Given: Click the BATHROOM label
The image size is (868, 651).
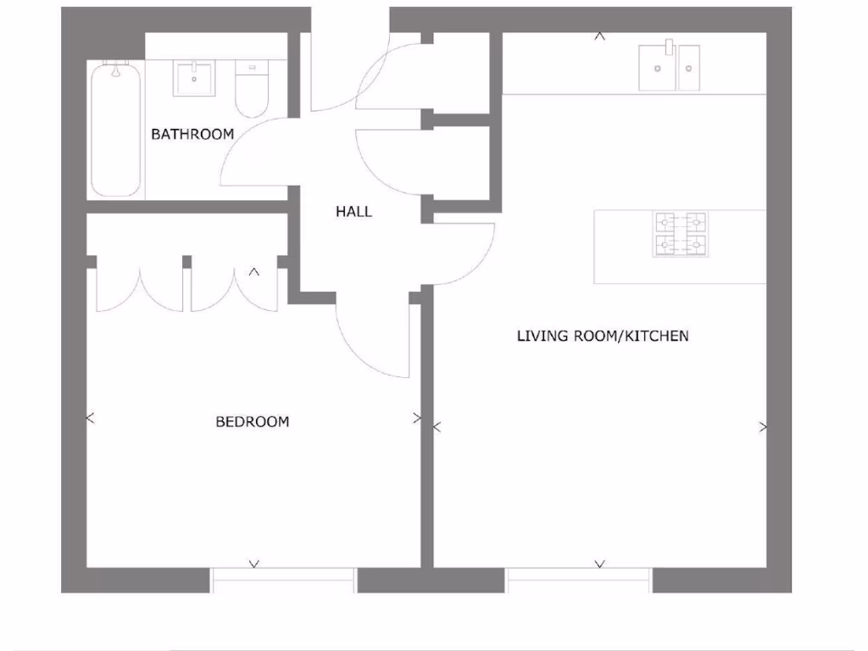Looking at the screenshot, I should (192, 134).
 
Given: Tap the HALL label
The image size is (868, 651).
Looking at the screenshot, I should (353, 212).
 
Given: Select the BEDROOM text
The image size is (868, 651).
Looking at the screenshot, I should (252, 421).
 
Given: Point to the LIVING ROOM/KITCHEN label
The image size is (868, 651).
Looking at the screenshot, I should (603, 337).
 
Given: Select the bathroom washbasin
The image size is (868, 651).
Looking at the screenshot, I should (197, 78).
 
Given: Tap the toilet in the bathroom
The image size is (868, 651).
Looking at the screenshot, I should (251, 90).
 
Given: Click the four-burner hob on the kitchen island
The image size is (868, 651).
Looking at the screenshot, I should (680, 234).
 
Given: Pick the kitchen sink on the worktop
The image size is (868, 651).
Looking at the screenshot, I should (670, 67).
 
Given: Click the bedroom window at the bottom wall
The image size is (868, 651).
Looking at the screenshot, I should (283, 580).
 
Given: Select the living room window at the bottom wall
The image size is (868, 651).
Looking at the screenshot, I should (579, 580).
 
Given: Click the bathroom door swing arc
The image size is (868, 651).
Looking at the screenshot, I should (254, 153).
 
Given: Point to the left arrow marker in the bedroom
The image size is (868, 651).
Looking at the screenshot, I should (91, 418).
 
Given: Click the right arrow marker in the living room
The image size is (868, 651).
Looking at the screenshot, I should (763, 427).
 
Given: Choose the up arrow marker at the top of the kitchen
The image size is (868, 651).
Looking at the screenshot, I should (599, 36).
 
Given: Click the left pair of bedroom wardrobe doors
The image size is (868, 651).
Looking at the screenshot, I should (139, 285).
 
